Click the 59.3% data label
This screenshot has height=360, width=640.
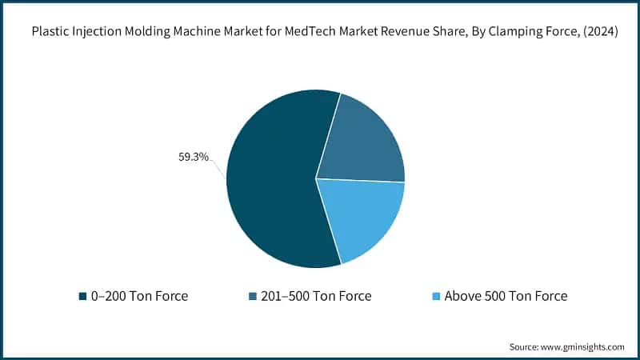click(x=193, y=158)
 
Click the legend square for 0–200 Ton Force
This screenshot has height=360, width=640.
click(x=82, y=296)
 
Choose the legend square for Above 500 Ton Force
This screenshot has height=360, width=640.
click(x=436, y=296)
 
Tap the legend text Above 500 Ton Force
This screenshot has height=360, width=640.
click(x=506, y=296)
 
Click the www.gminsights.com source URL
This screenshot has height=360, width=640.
click(x=583, y=346)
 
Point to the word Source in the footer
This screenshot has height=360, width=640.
click(x=524, y=346)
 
